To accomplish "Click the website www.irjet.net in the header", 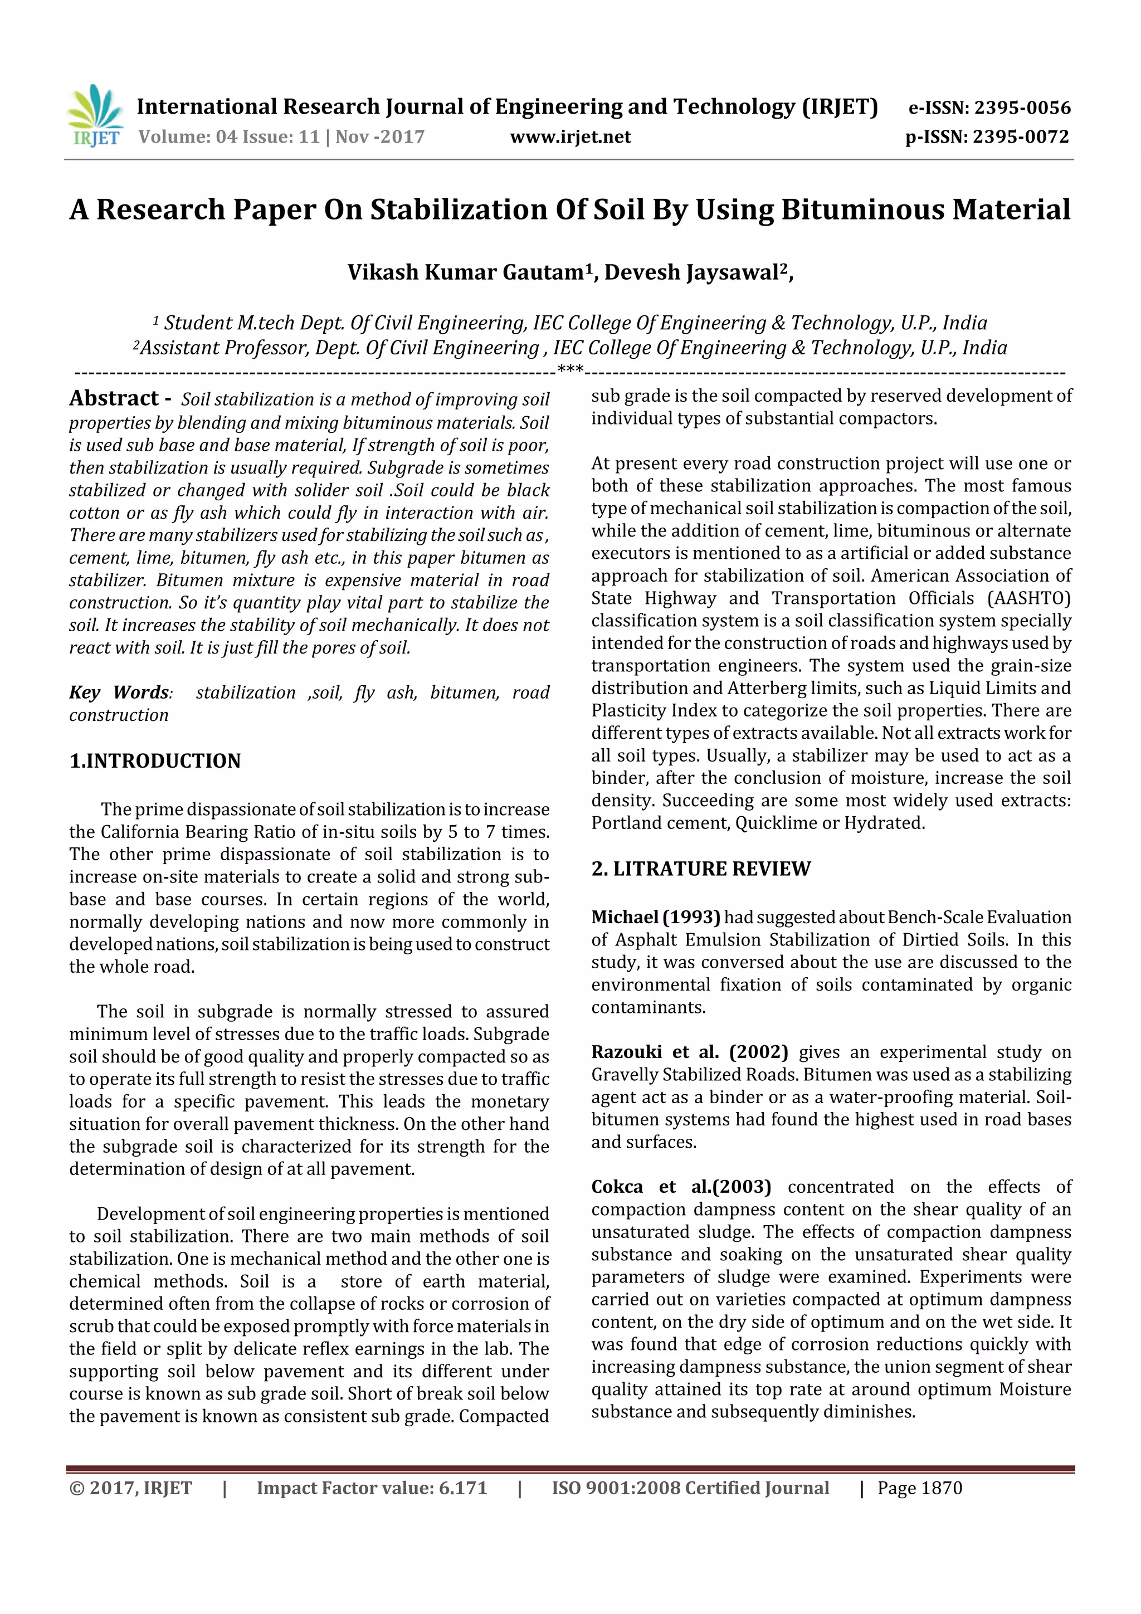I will [570, 136].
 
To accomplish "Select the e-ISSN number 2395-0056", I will [1021, 108].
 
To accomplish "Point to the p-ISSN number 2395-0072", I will [1020, 136].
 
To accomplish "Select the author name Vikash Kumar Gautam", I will [465, 272].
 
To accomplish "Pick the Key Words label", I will [119, 693].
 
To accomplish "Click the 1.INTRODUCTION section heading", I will [155, 760].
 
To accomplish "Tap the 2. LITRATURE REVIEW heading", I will [700, 869].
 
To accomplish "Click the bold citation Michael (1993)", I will [655, 918].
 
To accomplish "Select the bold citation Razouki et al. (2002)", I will [689, 1052].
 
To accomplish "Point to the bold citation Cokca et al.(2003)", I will [680, 1187].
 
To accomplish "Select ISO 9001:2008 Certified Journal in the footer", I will [690, 1488].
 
